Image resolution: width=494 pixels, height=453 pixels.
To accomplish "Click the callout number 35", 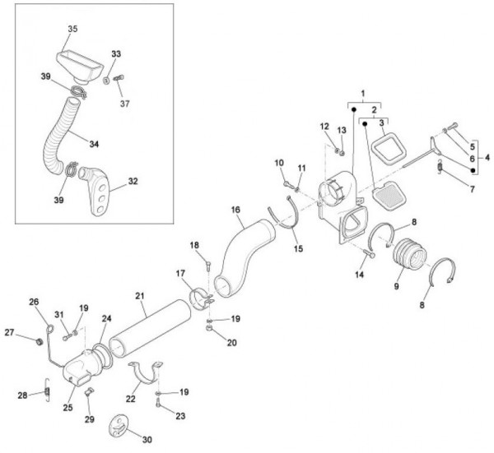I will point(72,29).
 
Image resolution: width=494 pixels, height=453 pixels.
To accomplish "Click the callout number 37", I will point(125,104).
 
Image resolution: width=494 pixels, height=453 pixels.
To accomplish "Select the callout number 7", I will point(473,189).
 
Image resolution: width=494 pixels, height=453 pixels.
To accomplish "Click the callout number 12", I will point(325,126).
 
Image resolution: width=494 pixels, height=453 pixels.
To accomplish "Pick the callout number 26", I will point(35,302).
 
